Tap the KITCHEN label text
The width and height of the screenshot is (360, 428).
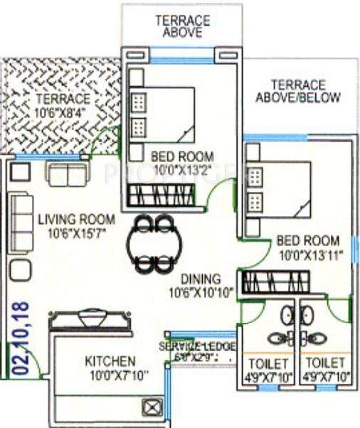coord(110,361)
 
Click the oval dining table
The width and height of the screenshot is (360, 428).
coord(153,243)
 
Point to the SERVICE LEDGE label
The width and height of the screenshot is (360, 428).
coord(197,346)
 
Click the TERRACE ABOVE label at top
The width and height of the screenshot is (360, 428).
coord(182,26)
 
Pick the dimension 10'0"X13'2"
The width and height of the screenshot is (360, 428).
coord(182,169)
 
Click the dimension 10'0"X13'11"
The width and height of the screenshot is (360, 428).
coord(307,254)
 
